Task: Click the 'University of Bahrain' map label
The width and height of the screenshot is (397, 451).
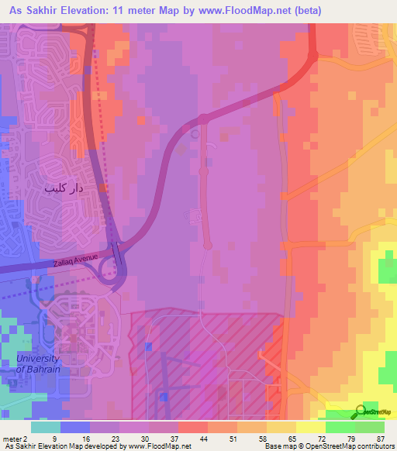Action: coord(39,363)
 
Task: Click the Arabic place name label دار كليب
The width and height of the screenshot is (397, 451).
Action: coord(64,188)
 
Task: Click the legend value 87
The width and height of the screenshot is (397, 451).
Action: coord(380,439)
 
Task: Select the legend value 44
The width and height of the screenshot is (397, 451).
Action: coord(204,439)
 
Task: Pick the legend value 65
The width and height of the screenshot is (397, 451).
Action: coord(292,439)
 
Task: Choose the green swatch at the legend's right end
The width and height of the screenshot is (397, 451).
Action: coord(369,427)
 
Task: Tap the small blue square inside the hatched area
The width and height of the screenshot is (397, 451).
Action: coord(164,397)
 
